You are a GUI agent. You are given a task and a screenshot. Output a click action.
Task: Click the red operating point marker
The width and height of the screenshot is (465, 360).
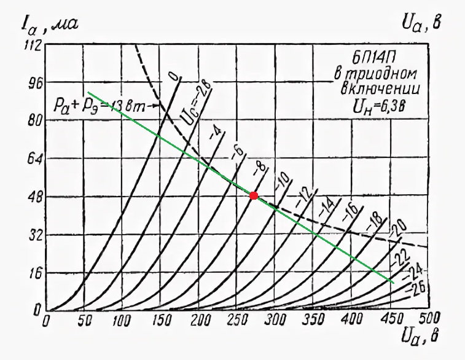254,195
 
